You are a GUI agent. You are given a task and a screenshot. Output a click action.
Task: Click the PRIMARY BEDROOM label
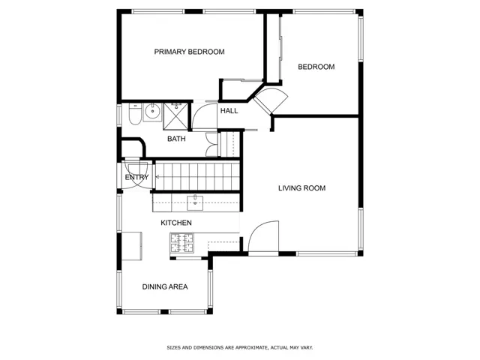[x=189, y=52]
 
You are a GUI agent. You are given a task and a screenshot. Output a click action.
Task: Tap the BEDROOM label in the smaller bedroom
[x=316, y=67]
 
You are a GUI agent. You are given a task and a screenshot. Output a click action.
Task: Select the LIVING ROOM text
[x=301, y=188]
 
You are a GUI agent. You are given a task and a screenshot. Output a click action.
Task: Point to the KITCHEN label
[x=176, y=223]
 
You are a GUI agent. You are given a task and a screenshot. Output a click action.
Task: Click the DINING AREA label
[x=165, y=286]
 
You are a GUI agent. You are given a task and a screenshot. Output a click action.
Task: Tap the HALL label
[x=229, y=111]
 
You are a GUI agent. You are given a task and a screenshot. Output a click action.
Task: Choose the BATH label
[x=176, y=139]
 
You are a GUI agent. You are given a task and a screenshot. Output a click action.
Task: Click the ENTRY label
[x=136, y=177]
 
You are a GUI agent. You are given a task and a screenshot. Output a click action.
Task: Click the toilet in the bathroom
[x=135, y=114]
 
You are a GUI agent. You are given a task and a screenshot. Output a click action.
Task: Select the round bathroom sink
[x=152, y=111]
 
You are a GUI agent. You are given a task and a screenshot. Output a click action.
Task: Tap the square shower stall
[x=175, y=117]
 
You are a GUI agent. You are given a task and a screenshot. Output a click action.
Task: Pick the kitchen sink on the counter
[x=195, y=202]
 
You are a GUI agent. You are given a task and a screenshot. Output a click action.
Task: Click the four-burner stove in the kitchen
[x=182, y=243]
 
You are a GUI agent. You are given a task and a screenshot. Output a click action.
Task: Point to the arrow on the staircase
[x=158, y=177]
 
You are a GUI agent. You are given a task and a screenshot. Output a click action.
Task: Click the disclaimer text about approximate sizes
[x=240, y=348]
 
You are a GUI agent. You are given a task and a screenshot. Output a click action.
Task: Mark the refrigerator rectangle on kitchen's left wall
[x=132, y=246]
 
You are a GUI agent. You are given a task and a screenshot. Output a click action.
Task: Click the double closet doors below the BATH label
[x=211, y=145]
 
